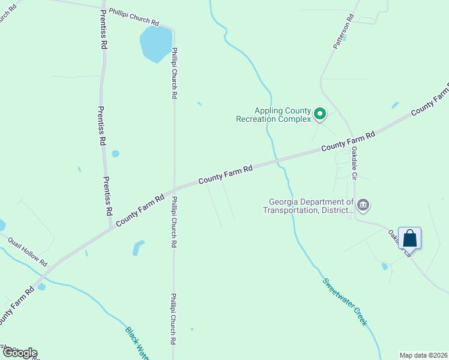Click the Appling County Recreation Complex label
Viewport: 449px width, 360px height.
(x=283, y=114)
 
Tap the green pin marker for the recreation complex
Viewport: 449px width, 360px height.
(x=321, y=113)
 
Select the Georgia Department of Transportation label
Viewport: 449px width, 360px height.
(x=309, y=206)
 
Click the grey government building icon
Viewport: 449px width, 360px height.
(x=363, y=206)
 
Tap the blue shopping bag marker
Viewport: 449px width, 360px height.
(x=409, y=238)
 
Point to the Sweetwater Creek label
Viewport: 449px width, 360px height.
(x=345, y=302)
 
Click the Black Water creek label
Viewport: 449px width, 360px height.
(x=137, y=343)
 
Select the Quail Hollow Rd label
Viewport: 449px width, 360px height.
(x=27, y=250)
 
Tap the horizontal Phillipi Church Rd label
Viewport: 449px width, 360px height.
(x=134, y=17)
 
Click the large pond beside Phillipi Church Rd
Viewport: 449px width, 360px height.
(x=155, y=44)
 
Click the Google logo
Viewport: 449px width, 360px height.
(x=19, y=353)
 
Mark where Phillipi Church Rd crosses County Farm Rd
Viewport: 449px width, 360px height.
(x=174, y=188)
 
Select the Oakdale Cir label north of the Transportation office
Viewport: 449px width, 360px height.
(x=354, y=163)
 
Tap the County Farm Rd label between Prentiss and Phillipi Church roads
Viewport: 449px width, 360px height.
(x=140, y=210)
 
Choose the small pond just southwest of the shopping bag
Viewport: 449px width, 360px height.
(x=384, y=266)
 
